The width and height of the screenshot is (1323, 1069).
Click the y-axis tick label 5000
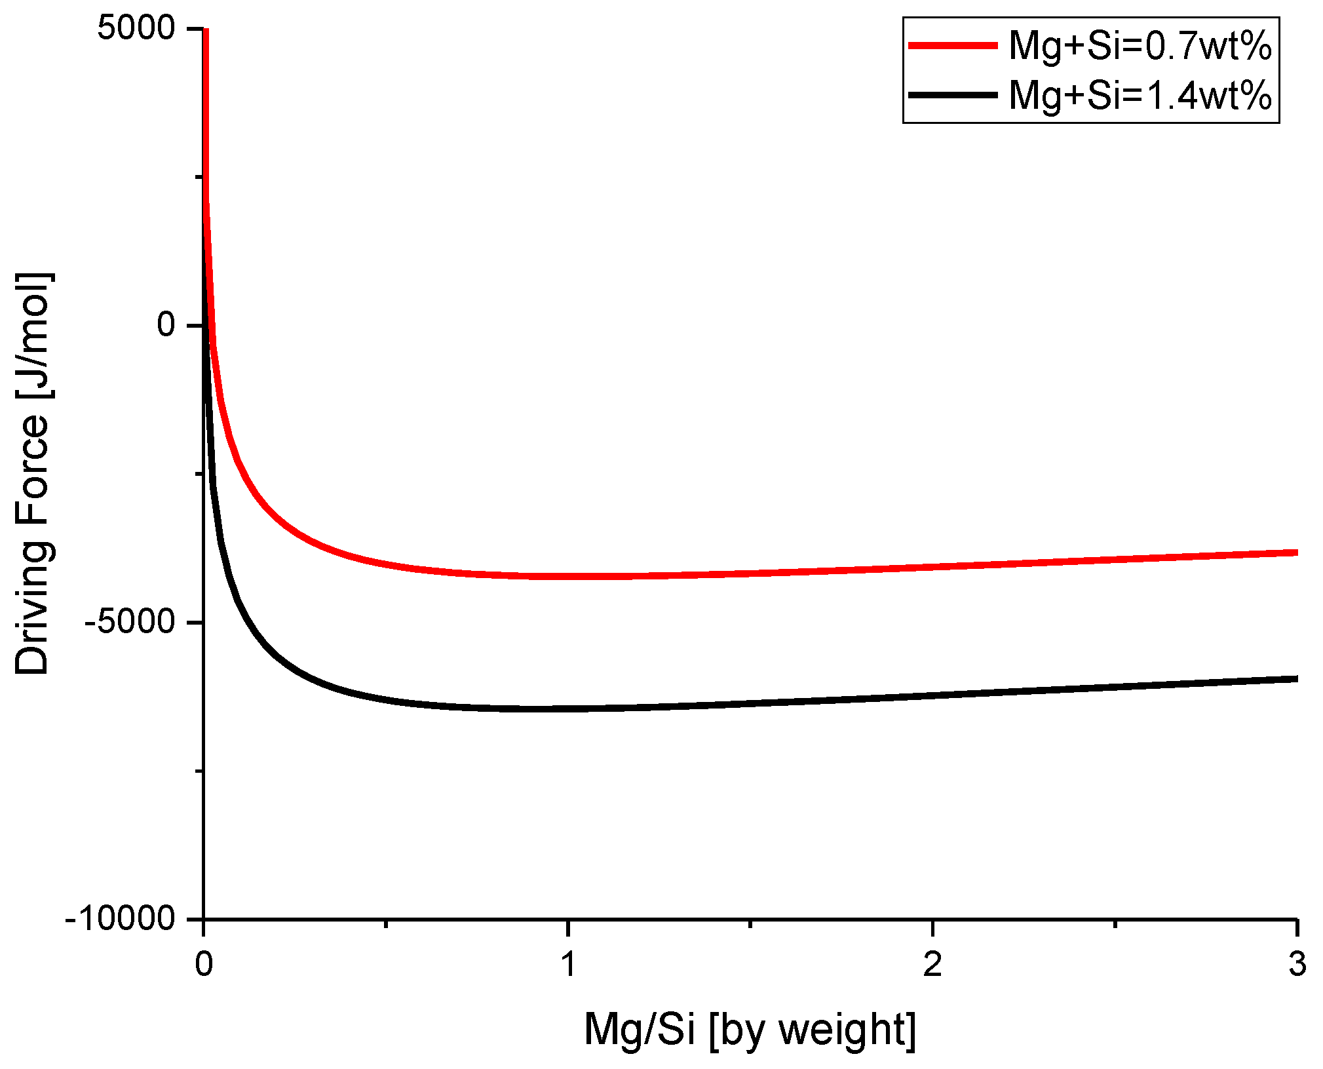136,28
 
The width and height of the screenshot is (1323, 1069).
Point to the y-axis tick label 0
166,325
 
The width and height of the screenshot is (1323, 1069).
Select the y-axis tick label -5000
129,622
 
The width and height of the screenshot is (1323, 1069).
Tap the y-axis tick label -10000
120,919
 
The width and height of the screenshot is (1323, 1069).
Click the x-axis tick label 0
204,963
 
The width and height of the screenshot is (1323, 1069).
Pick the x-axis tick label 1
568,963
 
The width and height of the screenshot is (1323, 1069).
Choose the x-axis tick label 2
932,963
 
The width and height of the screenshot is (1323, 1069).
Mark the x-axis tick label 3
1297,963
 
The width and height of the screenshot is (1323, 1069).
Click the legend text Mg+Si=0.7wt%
1140,47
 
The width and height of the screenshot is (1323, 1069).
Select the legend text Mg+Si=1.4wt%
1140,96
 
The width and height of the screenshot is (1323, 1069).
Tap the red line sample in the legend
953,45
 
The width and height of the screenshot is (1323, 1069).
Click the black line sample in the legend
953,95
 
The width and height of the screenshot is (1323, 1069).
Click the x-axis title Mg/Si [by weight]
750,1030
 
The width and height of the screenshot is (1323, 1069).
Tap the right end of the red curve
1295,553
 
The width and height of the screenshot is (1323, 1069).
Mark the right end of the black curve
1295,678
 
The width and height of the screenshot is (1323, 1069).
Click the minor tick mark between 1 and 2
750,923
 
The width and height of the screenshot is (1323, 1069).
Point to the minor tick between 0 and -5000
199,473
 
